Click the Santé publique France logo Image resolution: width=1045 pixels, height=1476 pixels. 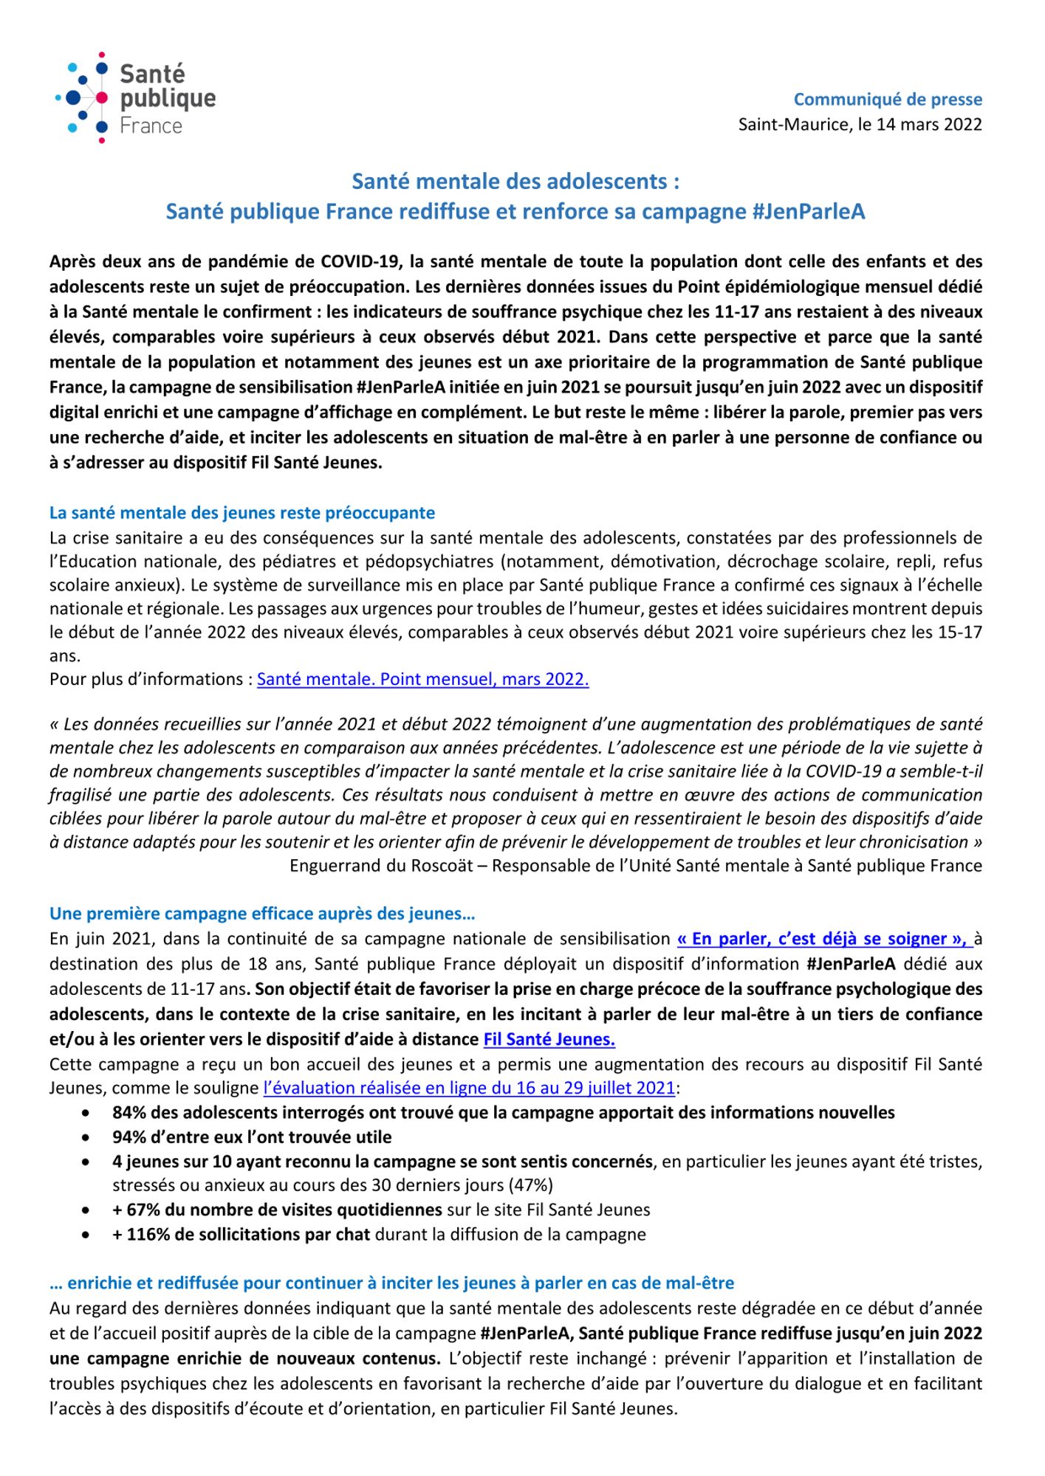(x=137, y=97)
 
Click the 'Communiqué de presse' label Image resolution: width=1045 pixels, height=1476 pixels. (x=888, y=99)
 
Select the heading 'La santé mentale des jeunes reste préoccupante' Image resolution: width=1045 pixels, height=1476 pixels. (x=242, y=512)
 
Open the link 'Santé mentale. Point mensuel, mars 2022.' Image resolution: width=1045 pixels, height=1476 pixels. (x=422, y=679)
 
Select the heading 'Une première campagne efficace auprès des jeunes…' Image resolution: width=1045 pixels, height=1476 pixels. (x=262, y=914)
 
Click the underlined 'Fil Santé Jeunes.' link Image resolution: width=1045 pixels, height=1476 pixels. (x=549, y=1039)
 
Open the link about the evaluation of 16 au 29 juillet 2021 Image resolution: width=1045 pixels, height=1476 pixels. (x=469, y=1088)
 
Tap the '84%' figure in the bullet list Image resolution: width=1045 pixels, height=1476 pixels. (x=130, y=1112)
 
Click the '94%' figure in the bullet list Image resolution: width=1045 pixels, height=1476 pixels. (x=130, y=1137)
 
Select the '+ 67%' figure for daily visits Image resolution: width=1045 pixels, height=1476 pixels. (x=135, y=1210)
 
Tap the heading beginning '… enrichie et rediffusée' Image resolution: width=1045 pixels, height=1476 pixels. (x=391, y=1283)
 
